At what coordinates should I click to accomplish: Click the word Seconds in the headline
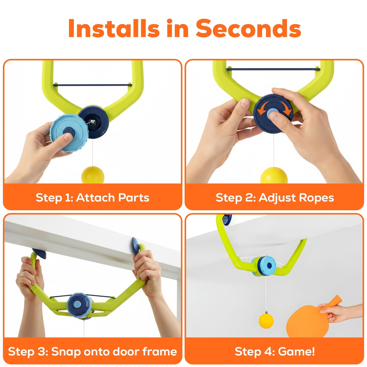[248, 28]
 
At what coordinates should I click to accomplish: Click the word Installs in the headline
[114, 28]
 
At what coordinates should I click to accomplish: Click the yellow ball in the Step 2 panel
[274, 176]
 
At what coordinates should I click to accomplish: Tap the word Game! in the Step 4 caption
[296, 352]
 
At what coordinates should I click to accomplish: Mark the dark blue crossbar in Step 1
[92, 85]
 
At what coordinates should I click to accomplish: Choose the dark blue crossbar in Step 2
[273, 69]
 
